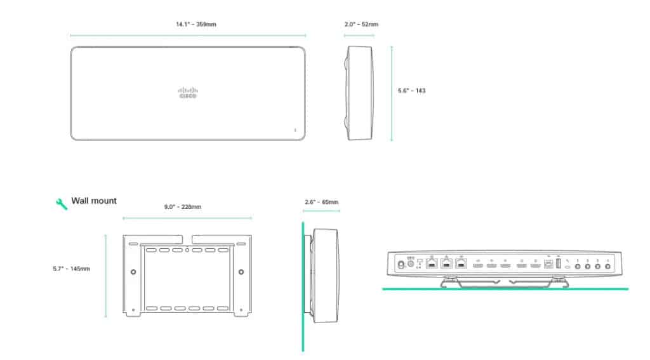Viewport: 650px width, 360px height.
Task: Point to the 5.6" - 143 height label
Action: [x=411, y=91]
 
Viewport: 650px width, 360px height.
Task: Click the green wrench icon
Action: [x=62, y=203]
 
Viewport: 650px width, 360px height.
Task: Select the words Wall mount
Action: [x=94, y=201]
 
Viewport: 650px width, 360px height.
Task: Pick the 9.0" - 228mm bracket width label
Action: [x=183, y=206]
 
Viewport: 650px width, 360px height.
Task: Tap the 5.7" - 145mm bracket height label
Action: [x=71, y=269]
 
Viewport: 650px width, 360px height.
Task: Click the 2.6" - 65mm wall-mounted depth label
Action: [x=321, y=203]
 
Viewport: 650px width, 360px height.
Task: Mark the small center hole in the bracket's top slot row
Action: [x=187, y=250]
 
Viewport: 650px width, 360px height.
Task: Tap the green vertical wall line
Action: [x=303, y=286]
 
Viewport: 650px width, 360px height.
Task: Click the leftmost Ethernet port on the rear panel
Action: [x=432, y=263]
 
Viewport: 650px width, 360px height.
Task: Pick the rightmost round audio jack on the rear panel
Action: [x=608, y=267]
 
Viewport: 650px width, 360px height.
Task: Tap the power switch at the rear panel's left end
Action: [x=401, y=263]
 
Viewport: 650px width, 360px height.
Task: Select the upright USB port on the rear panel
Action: [x=558, y=263]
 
